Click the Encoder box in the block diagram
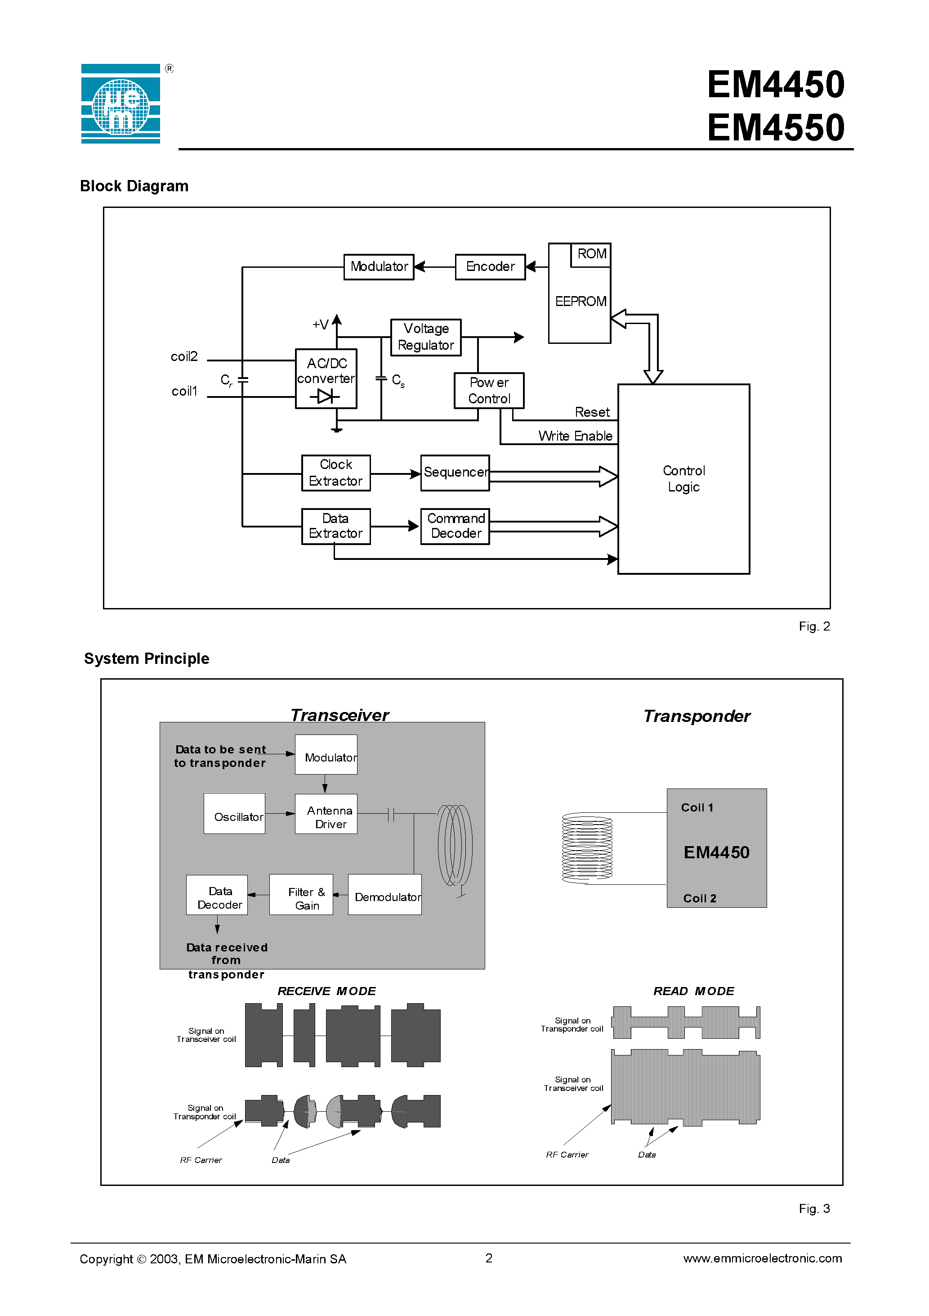(490, 266)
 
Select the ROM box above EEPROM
(591, 254)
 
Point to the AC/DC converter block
(326, 379)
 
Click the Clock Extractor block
(335, 473)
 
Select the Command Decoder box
(456, 526)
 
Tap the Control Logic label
(683, 478)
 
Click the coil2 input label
(184, 356)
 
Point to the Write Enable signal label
(575, 436)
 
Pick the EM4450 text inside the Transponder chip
(716, 853)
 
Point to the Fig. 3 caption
(814, 1208)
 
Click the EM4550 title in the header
(776, 127)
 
